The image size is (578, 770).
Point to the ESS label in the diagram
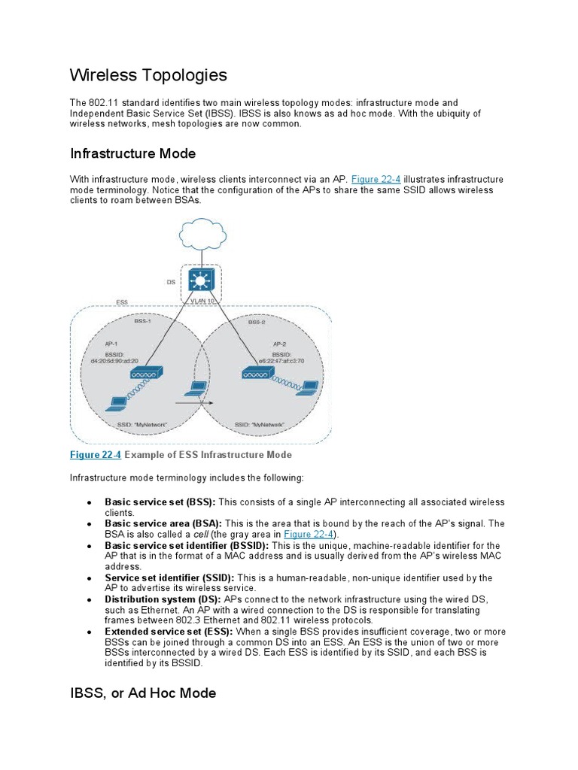(122, 302)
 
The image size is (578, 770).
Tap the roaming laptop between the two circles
(197, 389)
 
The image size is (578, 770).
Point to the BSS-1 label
(142, 320)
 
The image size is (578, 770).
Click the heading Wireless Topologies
(148, 75)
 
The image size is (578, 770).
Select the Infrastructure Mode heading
(132, 153)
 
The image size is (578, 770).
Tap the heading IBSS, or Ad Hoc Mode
(143, 693)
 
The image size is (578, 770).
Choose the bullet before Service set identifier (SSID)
(90, 578)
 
